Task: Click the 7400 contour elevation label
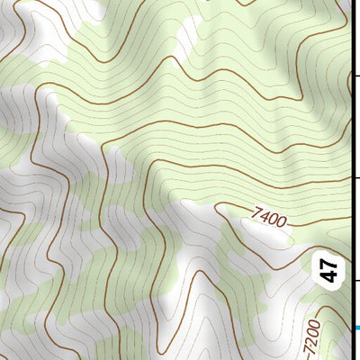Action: pyautogui.click(x=269, y=217)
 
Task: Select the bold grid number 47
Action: pyautogui.click(x=329, y=268)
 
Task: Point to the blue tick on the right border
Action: pyautogui.click(x=355, y=327)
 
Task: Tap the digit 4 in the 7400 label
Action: pyautogui.click(x=265, y=216)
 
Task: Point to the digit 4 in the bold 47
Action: pyautogui.click(x=329, y=274)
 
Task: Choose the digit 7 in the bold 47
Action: pyautogui.click(x=329, y=262)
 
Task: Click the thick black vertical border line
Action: pyautogui.click(x=350, y=135)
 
